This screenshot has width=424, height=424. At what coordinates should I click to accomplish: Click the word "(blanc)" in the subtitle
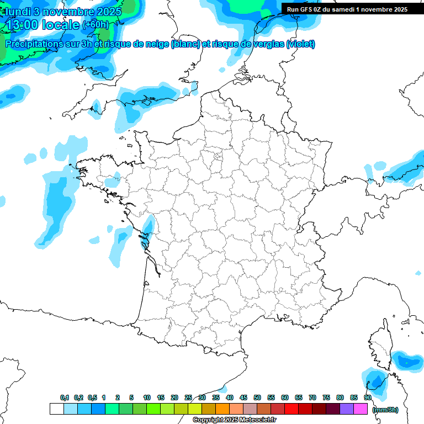(185, 44)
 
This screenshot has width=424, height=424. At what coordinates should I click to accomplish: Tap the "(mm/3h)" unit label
(385, 409)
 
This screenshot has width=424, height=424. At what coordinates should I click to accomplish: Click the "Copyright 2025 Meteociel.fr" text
(234, 420)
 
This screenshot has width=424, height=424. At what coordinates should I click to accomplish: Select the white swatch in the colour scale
(56, 409)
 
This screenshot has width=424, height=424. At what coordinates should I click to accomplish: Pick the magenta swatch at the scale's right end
(361, 409)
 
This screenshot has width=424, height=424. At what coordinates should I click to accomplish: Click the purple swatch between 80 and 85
(347, 409)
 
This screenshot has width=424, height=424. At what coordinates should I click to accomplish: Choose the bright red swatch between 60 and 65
(291, 409)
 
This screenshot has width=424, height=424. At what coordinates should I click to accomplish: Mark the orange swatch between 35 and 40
(222, 409)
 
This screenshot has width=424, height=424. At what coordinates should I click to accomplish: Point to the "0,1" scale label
(65, 397)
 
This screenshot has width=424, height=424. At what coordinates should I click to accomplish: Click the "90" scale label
(367, 397)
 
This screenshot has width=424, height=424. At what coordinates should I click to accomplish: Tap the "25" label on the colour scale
(188, 397)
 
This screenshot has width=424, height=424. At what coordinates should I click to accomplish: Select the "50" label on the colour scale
(257, 397)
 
